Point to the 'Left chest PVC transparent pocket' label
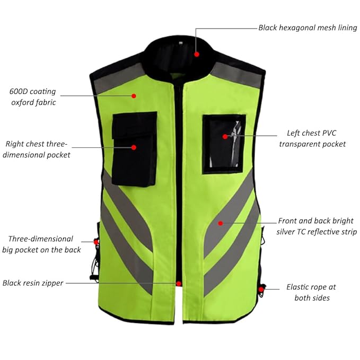click(317, 139)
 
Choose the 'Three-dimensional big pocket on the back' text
click(41, 244)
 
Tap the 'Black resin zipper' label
click(33, 283)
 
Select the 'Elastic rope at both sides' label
click(311, 292)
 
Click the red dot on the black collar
click(197, 54)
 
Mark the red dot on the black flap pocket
click(134, 147)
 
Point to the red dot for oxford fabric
click(134, 96)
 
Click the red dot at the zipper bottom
click(180, 284)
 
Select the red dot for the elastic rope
click(261, 289)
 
